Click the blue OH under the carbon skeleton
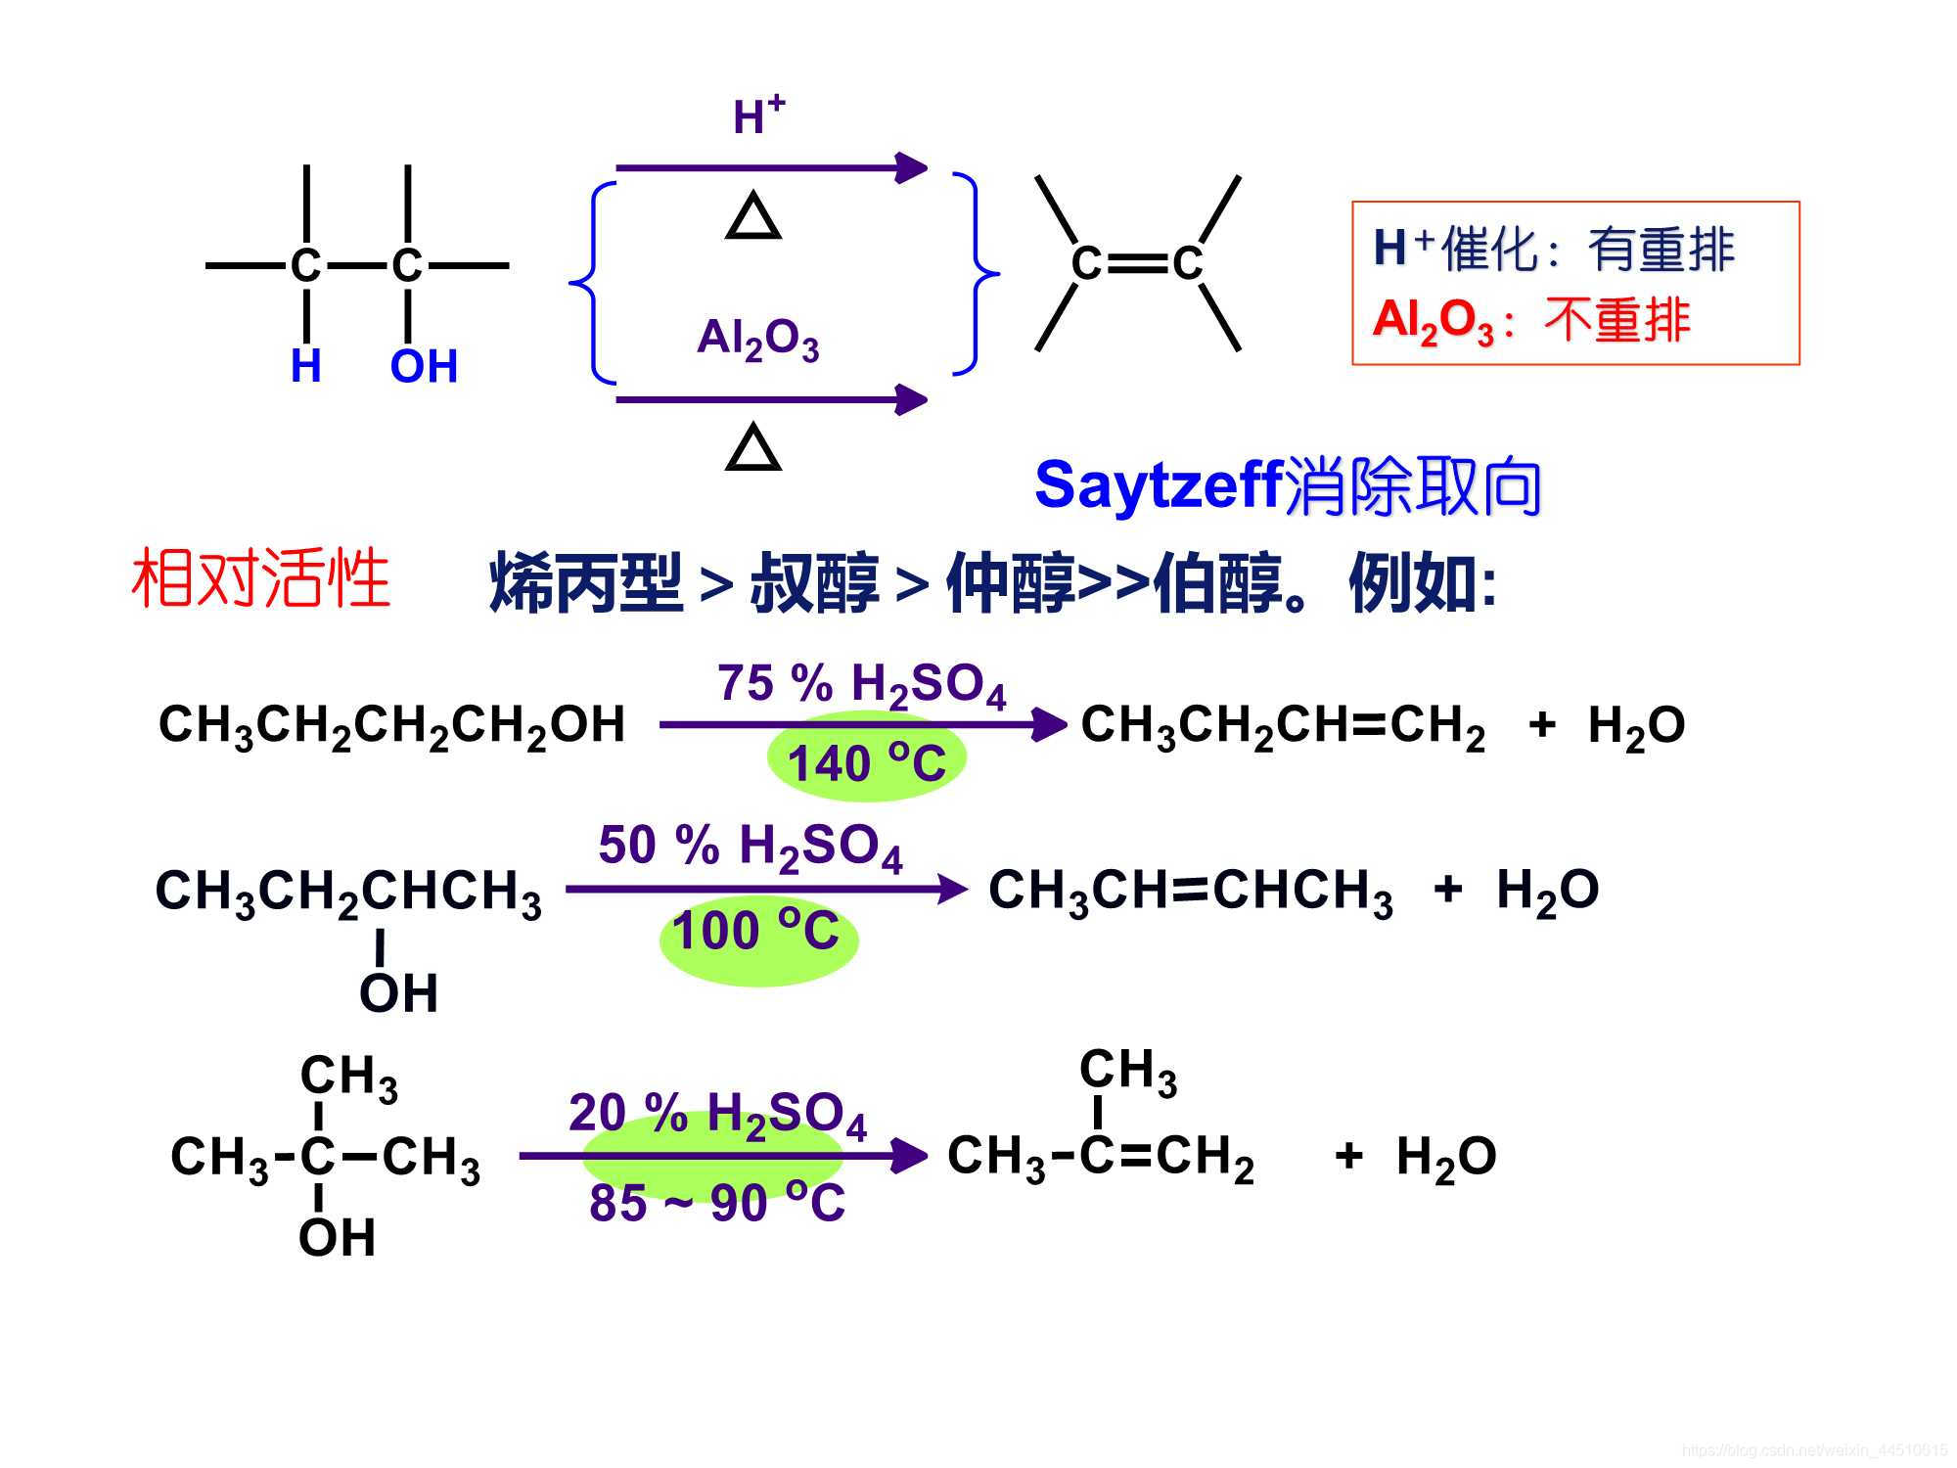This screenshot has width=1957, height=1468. click(424, 367)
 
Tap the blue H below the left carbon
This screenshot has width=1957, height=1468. click(306, 367)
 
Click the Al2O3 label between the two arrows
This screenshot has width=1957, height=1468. click(757, 340)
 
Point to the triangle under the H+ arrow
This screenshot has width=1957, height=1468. click(753, 218)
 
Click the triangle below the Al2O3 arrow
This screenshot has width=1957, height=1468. click(753, 449)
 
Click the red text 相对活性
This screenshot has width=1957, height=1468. click(261, 579)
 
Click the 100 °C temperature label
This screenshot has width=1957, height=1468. click(756, 931)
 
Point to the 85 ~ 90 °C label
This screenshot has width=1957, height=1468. click(717, 1203)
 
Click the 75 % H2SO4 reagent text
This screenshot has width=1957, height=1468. click(861, 684)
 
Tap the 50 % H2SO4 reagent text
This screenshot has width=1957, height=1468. click(750, 847)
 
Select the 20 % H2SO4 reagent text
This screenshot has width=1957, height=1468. click(717, 1115)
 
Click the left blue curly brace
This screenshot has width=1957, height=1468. click(592, 283)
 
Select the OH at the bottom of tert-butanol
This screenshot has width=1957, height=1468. click(337, 1238)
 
